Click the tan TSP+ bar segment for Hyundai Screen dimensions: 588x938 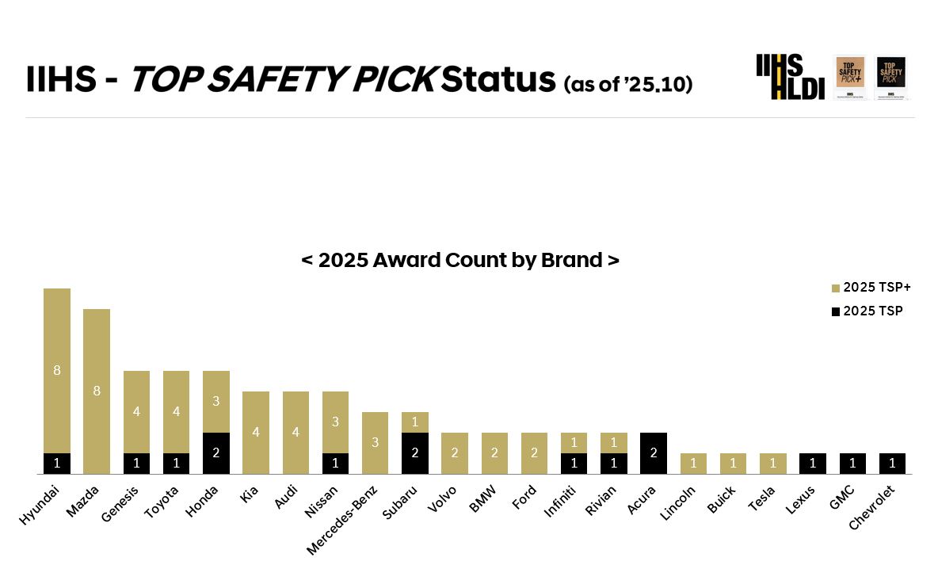coord(57,370)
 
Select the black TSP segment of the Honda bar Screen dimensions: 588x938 coord(216,453)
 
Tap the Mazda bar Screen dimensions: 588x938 coord(97,391)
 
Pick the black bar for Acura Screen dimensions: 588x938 coord(654,453)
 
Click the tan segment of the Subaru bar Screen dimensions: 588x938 coord(415,422)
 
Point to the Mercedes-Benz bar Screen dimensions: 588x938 coord(376,442)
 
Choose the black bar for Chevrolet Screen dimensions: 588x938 coord(893,464)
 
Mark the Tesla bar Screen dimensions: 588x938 coord(773,464)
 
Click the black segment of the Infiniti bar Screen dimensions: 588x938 coord(574,464)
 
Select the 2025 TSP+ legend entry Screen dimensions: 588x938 coord(871,287)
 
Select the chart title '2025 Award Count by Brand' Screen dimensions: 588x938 coord(460,260)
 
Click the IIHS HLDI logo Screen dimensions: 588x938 coord(790,77)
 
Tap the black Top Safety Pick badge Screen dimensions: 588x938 coord(891,77)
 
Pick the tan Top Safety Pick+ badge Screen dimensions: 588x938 coord(850,77)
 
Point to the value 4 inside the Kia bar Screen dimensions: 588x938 coord(256,432)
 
